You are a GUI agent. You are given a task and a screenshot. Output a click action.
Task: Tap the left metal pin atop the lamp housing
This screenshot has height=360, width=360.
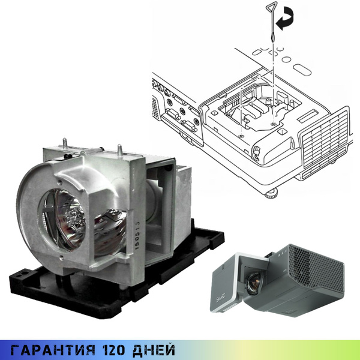click(63, 143)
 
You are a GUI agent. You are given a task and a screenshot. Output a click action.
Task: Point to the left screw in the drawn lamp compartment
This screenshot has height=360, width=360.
click(241, 136)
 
